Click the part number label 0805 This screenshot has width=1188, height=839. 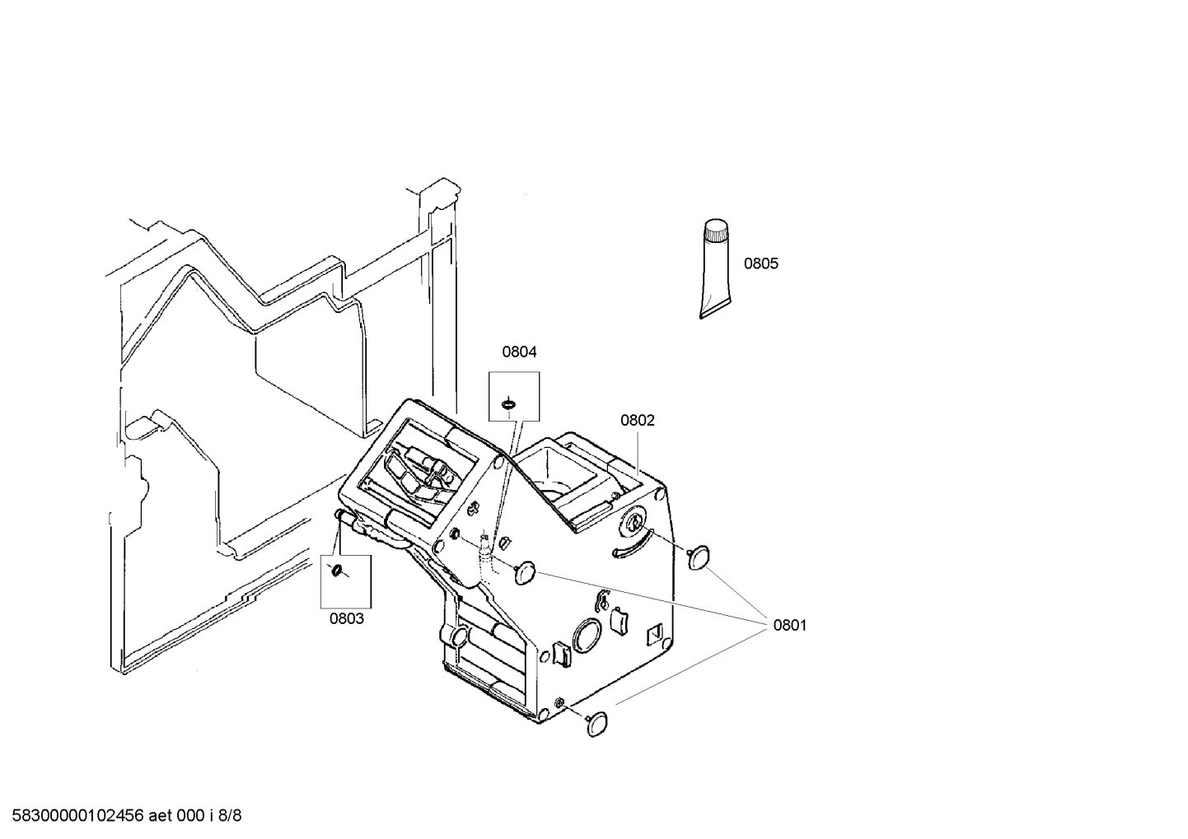click(x=760, y=263)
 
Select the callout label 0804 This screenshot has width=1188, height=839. click(x=519, y=352)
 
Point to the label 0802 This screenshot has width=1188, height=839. click(x=637, y=420)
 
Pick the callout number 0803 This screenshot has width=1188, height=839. click(x=346, y=618)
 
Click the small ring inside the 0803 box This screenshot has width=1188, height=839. click(x=336, y=571)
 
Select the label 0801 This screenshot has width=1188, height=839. click(x=789, y=625)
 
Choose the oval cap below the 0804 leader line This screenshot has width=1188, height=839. click(x=525, y=573)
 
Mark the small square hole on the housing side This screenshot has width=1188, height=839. click(x=657, y=633)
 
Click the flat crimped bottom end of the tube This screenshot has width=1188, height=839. click(x=713, y=310)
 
